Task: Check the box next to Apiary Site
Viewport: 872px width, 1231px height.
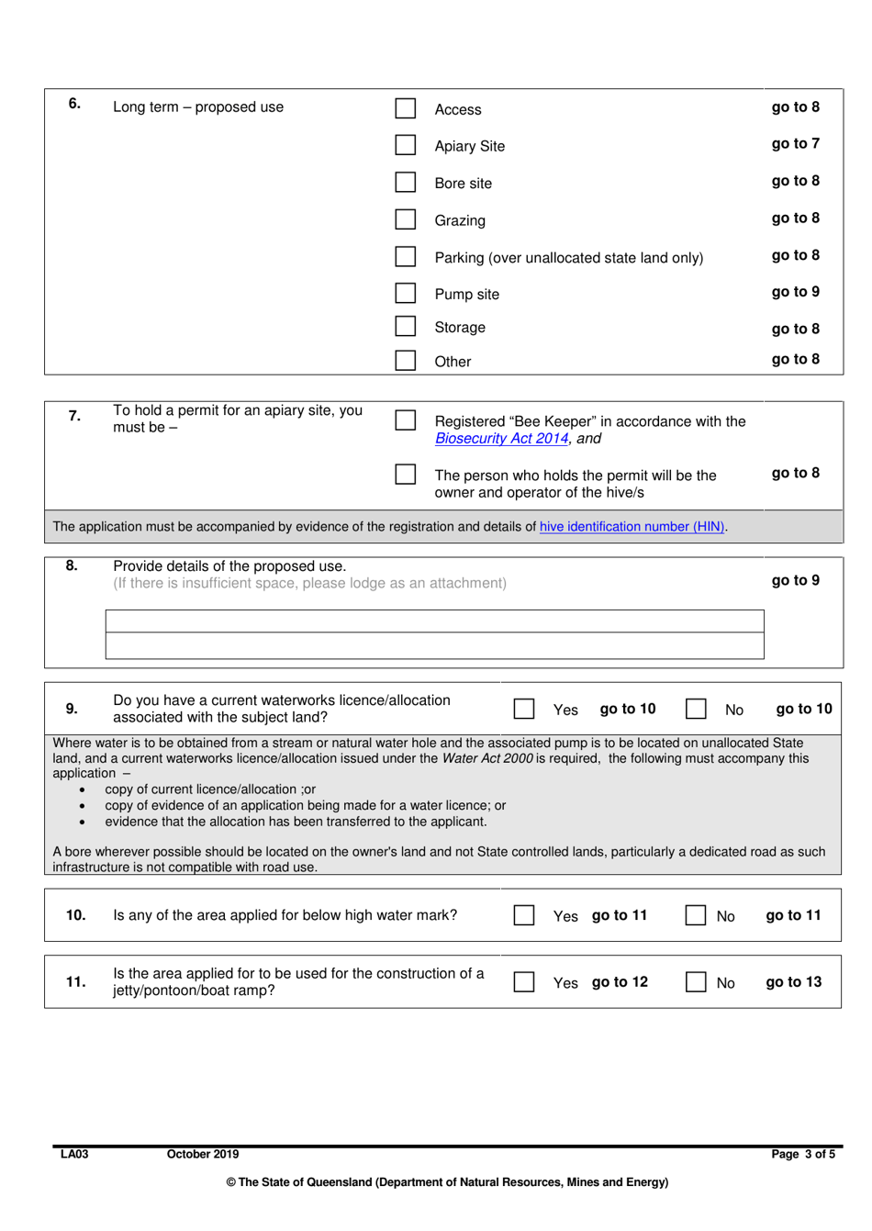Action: coord(405,145)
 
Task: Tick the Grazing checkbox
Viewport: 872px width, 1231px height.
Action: coord(405,219)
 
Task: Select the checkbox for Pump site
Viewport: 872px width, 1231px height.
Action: coord(405,293)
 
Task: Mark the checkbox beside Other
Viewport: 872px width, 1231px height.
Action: coord(405,360)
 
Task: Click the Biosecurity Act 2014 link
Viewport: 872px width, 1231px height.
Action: coord(502,439)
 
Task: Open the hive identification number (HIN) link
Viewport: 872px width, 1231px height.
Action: coord(632,527)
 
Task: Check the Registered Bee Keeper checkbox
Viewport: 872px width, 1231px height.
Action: coord(405,420)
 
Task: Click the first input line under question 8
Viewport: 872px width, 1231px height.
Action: coord(434,621)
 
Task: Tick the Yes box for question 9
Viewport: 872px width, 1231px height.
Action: coord(524,709)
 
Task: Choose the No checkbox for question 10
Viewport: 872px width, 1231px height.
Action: coord(696,915)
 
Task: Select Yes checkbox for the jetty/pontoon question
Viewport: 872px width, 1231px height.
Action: coord(524,982)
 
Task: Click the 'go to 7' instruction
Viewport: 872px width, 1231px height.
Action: coord(795,144)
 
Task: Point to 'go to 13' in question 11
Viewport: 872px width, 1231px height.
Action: coord(793,982)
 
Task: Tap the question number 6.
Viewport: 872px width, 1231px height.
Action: coord(74,104)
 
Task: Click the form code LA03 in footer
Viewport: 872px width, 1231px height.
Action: coord(74,1155)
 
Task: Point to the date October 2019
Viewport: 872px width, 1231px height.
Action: coord(203,1155)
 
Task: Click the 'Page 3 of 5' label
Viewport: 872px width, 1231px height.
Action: coord(802,1155)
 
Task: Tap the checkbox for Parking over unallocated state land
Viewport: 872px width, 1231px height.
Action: coord(405,256)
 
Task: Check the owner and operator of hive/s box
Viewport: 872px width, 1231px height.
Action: coord(405,475)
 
